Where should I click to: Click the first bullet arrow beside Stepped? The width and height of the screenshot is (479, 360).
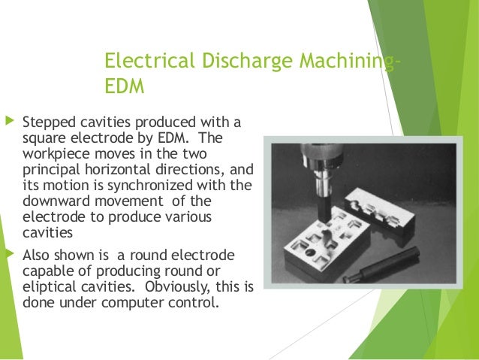click(9, 120)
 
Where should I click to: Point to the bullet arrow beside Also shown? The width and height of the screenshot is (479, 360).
click(9, 252)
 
